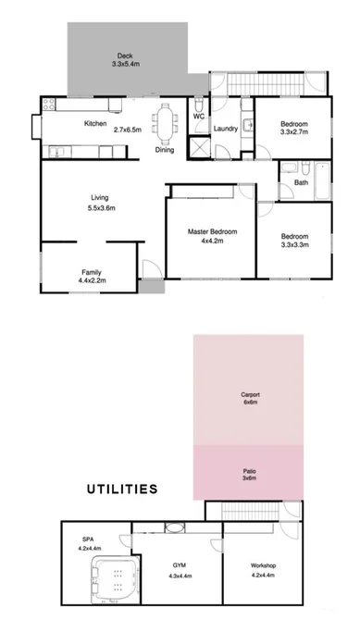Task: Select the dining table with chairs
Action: (167, 120)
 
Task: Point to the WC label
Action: (199, 117)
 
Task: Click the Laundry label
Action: (226, 129)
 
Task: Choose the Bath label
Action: (301, 182)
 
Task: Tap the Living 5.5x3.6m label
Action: (100, 204)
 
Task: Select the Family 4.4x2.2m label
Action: (91, 277)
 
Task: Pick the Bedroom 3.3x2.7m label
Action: (293, 128)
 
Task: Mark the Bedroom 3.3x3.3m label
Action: (294, 241)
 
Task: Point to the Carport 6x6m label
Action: (248, 400)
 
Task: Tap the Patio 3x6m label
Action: (248, 476)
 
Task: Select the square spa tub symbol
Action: (115, 582)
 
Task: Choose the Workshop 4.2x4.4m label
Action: (264, 569)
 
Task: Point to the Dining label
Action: (164, 149)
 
